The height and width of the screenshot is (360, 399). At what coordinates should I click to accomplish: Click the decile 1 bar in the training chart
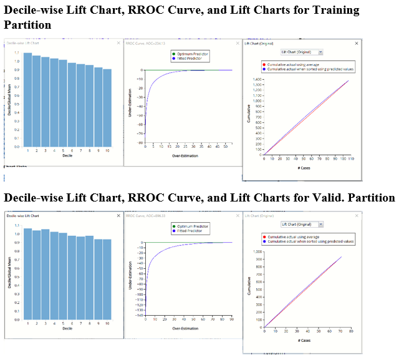coord(28,100)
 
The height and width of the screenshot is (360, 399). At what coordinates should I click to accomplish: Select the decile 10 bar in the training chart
coord(107,107)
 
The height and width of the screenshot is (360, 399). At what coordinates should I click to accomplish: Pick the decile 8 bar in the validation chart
coord(90,278)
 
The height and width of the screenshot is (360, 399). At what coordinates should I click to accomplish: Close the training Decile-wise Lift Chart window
coord(118,44)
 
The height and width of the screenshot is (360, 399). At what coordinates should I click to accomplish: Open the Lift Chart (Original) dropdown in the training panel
coord(301,52)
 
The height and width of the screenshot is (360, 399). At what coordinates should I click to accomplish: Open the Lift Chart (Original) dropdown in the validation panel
coord(301,223)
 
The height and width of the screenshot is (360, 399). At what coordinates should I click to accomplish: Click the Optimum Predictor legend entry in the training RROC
coord(191,54)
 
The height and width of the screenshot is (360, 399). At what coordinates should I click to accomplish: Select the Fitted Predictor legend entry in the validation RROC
coord(190,230)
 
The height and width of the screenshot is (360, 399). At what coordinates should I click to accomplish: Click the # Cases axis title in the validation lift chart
coord(305,341)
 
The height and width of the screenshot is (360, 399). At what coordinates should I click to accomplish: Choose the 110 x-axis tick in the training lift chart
coord(350,159)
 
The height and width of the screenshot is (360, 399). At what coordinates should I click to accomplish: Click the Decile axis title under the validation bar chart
coord(67,329)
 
